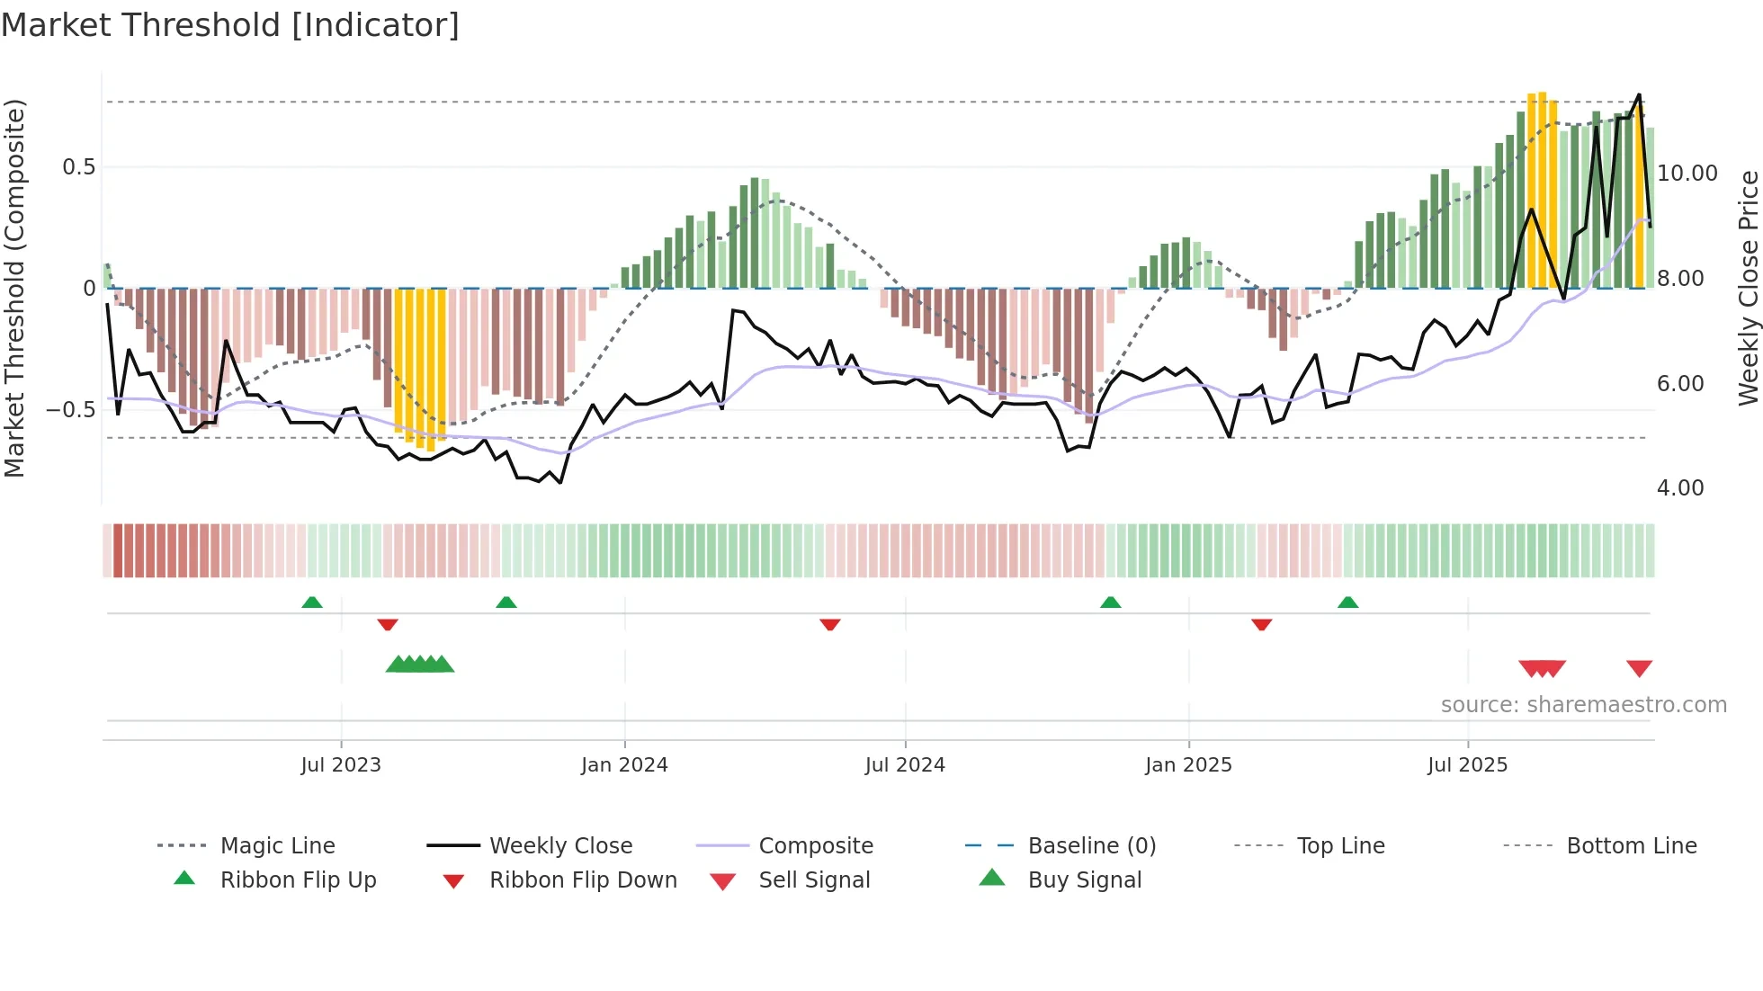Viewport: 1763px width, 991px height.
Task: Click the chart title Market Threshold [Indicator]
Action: point(230,25)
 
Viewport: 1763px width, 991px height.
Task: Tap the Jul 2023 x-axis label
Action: point(341,765)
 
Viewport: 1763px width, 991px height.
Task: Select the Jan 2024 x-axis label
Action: point(624,765)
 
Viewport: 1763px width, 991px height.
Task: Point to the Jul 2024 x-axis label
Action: point(905,765)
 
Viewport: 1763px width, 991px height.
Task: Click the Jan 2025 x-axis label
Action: point(1188,765)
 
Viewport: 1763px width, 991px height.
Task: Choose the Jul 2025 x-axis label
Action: point(1467,765)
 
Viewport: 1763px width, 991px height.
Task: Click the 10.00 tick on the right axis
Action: point(1687,174)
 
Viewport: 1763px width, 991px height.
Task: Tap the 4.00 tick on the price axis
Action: point(1679,488)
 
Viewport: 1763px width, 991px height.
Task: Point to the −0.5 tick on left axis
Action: point(71,410)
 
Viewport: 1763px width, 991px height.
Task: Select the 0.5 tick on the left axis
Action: point(79,167)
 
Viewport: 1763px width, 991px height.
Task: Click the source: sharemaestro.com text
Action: point(1583,705)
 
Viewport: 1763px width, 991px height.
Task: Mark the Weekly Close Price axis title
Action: point(1748,288)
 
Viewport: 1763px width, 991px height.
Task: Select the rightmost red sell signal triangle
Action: point(1639,668)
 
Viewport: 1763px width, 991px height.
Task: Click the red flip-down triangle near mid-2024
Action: point(829,624)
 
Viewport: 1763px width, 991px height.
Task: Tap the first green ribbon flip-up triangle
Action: point(312,603)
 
